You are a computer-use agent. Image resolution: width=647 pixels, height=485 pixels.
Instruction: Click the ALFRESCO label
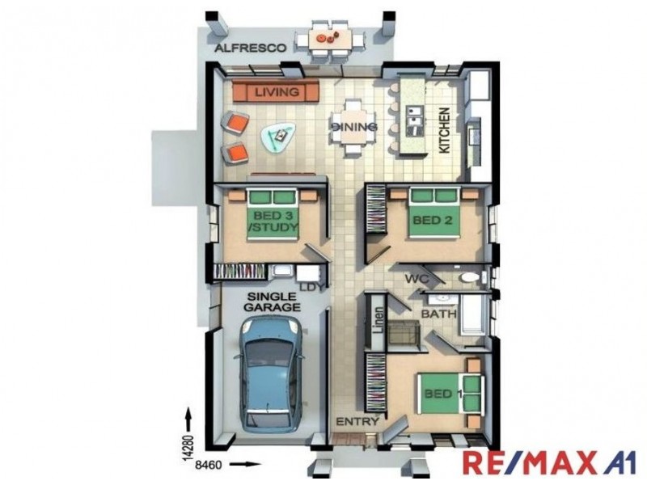coord(250,48)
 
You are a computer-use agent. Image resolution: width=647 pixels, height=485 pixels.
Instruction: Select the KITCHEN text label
coord(444,131)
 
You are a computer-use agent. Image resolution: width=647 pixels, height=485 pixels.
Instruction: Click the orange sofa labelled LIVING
coord(276,91)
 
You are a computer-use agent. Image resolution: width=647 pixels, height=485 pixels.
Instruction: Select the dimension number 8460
coord(208,466)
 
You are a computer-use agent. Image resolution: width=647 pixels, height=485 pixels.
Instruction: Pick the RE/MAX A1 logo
coord(549,462)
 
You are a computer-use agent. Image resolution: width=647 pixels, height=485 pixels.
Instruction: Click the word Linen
coord(378,320)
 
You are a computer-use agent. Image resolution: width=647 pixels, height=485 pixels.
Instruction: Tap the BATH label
coord(438,314)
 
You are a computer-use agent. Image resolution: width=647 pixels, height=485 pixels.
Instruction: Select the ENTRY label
coord(357,421)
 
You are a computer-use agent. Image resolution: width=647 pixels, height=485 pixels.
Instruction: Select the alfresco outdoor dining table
coord(330,39)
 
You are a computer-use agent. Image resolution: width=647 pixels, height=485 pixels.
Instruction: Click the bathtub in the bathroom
coord(474,314)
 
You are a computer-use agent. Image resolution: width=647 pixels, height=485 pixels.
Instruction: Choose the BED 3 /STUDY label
coord(273,221)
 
